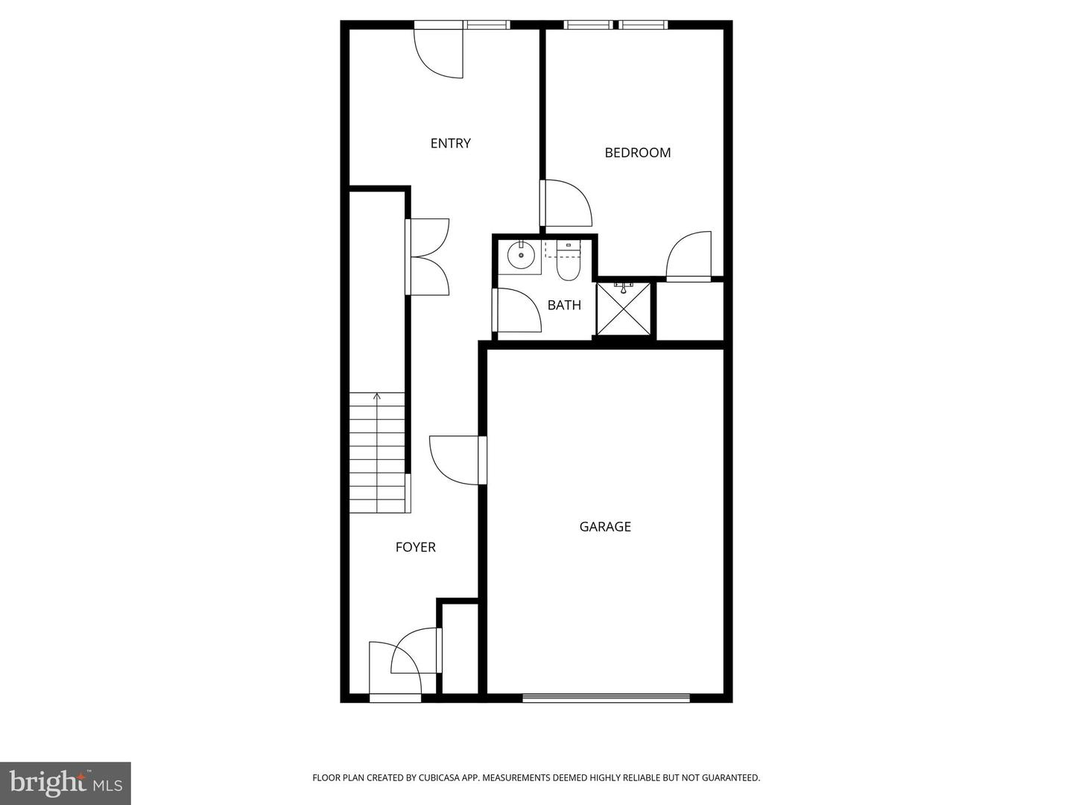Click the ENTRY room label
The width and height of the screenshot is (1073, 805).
tap(450, 143)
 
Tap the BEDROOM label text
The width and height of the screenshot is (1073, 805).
tap(637, 153)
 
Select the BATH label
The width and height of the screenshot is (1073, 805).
tap(564, 305)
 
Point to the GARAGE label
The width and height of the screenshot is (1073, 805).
tap(605, 527)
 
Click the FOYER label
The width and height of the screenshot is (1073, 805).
tap(415, 547)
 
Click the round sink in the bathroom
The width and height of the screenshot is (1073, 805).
tap(520, 256)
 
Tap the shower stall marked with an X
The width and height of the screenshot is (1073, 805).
tap(624, 309)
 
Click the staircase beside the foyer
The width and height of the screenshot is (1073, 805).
tap(379, 455)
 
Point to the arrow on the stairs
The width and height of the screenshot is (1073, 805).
tap(378, 398)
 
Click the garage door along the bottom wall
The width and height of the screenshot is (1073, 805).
tap(606, 698)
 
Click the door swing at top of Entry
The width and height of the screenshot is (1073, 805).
tap(440, 53)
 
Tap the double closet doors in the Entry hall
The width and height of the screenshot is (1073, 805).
tap(428, 257)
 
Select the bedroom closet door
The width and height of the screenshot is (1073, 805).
tap(689, 256)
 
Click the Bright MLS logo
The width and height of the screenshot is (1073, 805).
tap(66, 783)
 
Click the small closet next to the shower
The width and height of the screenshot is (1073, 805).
tap(689, 311)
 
